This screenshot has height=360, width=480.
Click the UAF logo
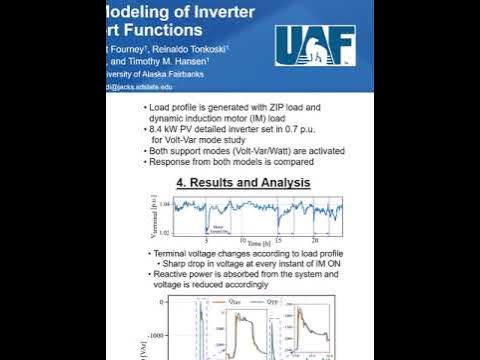[x=314, y=43]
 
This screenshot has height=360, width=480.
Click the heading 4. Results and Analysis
[x=243, y=183]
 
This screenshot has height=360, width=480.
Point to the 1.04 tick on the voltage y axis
[x=165, y=205]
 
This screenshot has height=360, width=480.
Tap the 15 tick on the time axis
[x=280, y=241]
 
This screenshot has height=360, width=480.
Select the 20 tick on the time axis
[x=314, y=241]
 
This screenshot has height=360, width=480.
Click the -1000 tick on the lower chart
[x=159, y=335]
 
